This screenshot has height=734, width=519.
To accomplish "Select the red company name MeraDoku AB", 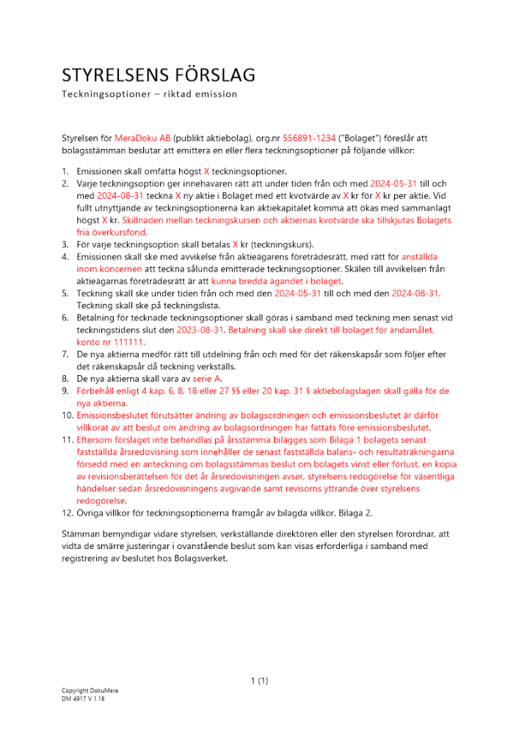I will pos(142,137).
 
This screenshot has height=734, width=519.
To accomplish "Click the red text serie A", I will pos(206,378).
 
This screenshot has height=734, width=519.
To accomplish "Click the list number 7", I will pos(65,355).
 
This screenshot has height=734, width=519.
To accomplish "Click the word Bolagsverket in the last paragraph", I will pos(206,557).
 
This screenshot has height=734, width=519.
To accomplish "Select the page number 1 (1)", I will pos(259,680).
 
